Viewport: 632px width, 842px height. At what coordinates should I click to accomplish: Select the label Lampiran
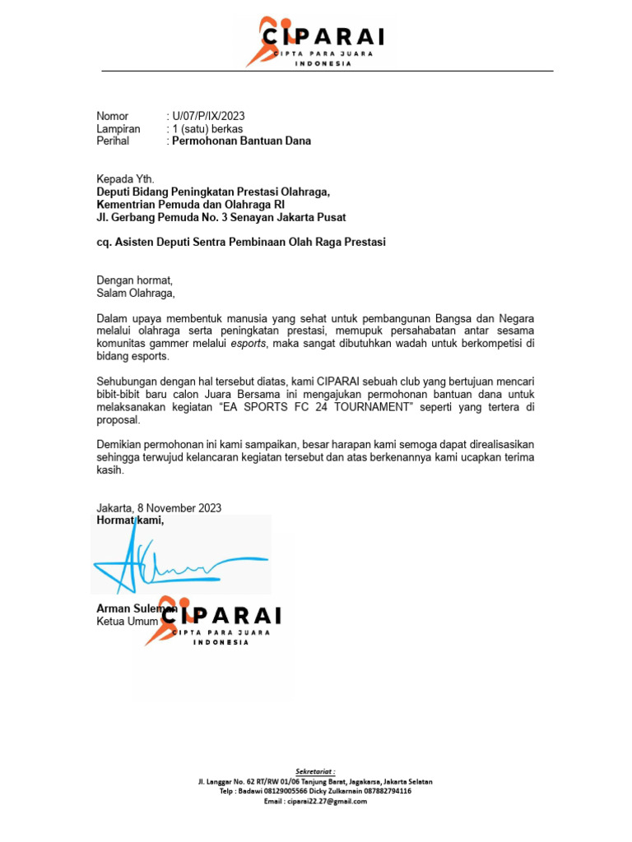(118, 128)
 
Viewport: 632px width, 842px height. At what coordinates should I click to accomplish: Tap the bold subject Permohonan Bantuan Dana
(241, 141)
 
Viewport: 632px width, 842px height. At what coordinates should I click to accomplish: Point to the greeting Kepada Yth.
(125, 179)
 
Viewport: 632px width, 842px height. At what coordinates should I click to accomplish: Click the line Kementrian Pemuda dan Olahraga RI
(192, 204)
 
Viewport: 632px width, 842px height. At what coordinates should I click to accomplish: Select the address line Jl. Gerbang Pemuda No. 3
(221, 217)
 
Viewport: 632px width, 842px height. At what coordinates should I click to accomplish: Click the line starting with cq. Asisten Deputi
(241, 242)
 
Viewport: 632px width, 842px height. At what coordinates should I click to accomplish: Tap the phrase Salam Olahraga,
(136, 292)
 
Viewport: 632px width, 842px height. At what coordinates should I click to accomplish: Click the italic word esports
(248, 343)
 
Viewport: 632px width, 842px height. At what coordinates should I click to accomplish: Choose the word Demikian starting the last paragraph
(120, 445)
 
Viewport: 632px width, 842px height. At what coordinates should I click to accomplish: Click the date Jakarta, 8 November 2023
(159, 508)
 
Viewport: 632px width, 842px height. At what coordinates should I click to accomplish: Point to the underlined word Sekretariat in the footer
(316, 771)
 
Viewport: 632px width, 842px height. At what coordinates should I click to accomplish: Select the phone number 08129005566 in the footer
(281, 791)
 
